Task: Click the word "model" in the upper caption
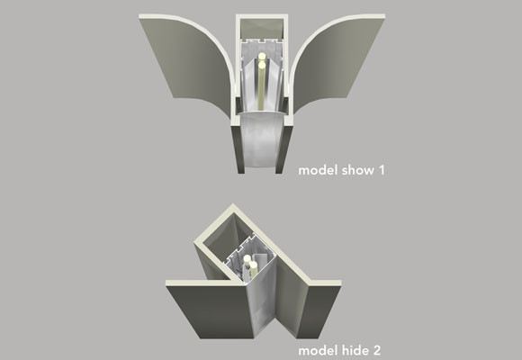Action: tap(316, 169)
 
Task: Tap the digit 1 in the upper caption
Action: tap(381, 169)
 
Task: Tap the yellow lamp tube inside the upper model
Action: tap(260, 85)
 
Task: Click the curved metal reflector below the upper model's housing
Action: tap(263, 144)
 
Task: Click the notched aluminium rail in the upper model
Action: tap(262, 44)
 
